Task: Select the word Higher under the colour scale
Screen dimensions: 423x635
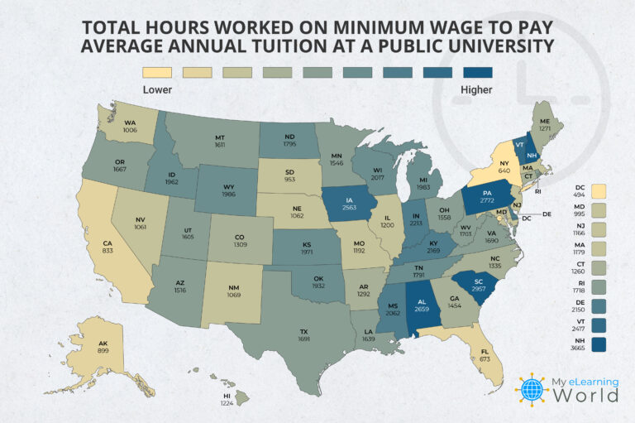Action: click(477, 89)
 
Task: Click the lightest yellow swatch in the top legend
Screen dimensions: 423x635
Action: click(156, 73)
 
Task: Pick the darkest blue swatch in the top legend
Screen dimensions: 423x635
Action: click(478, 73)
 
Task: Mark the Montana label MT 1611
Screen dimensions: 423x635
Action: click(220, 139)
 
